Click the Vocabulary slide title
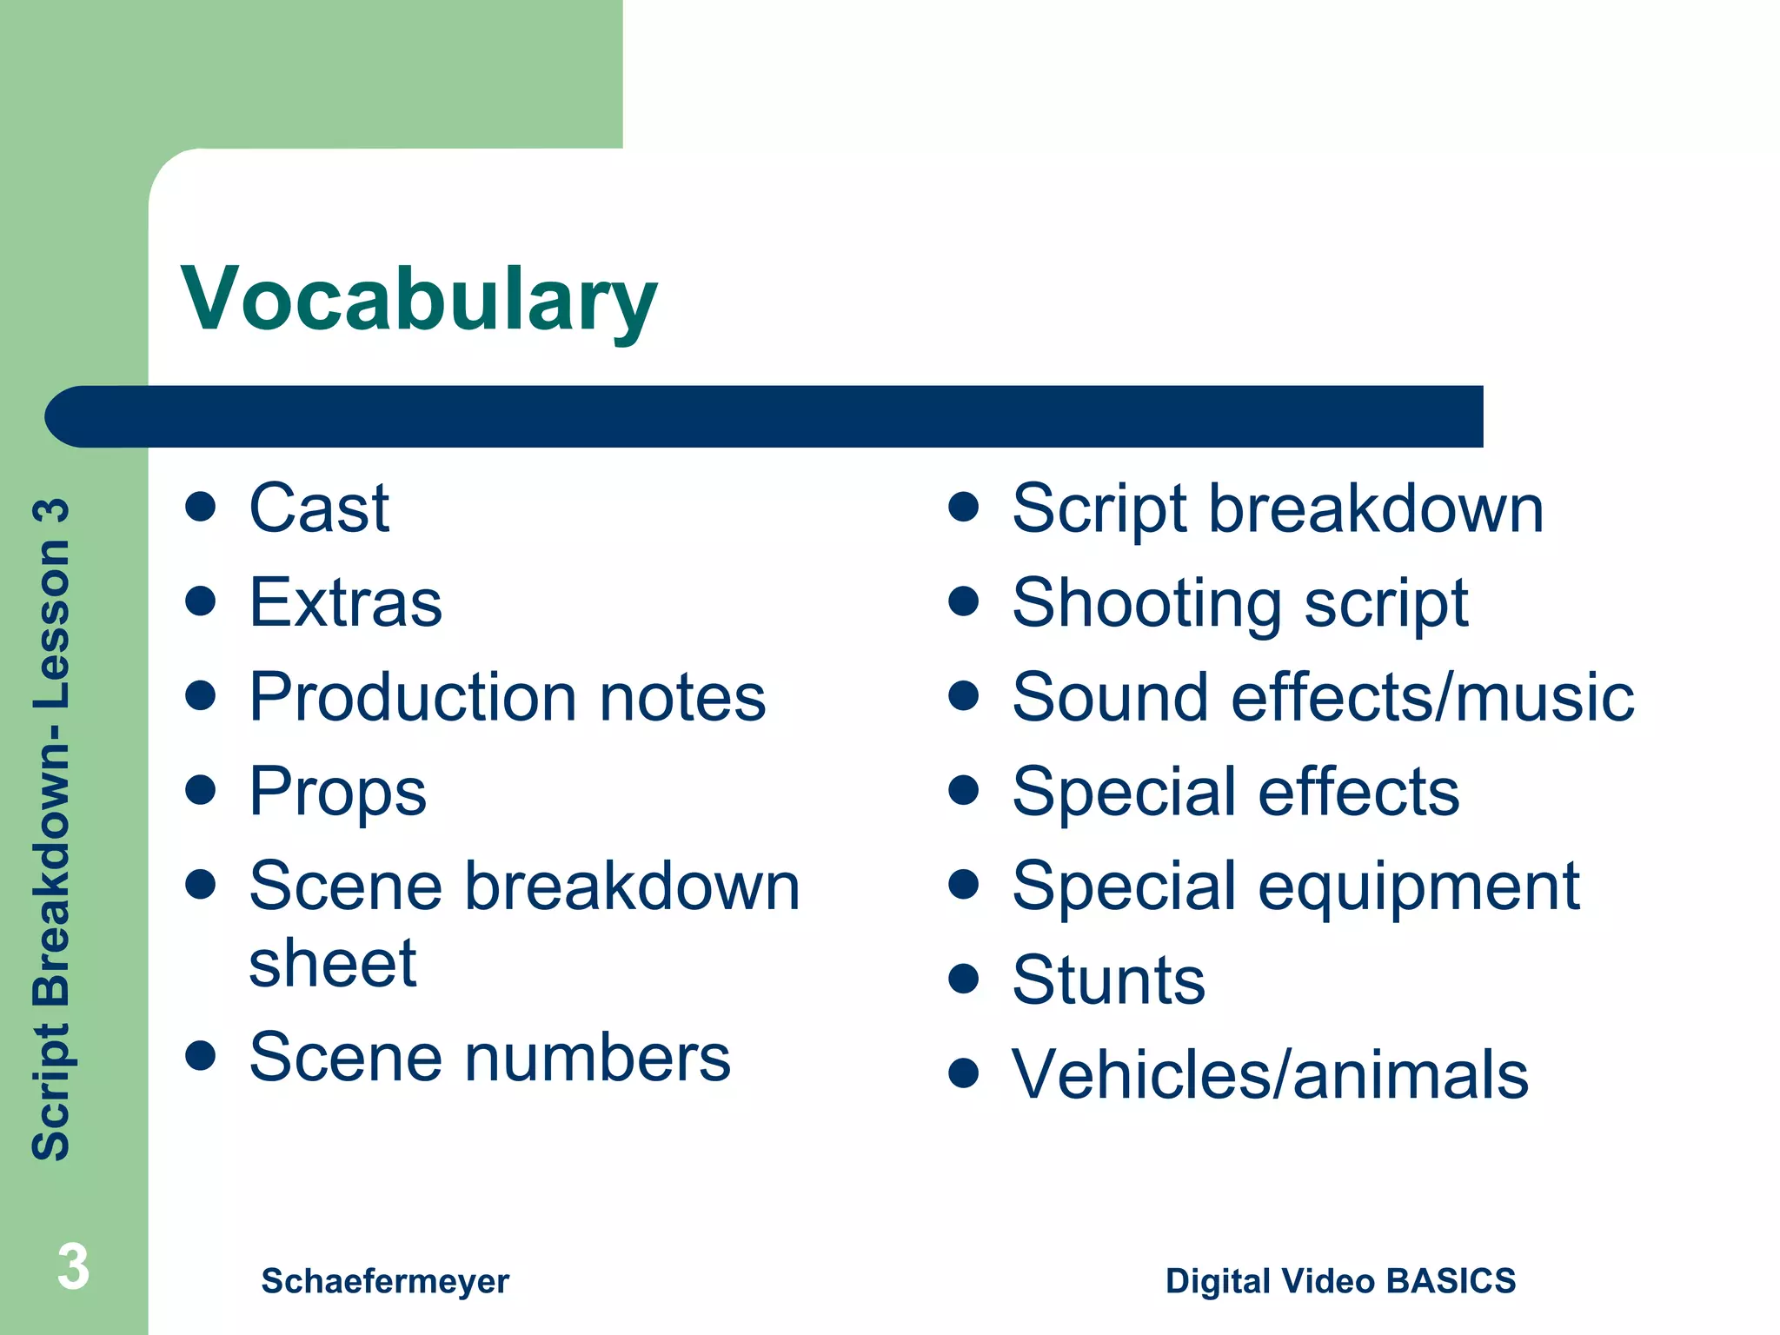(419, 300)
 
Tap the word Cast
(319, 508)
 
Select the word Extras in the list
(346, 602)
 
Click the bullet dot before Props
(201, 790)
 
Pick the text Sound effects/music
(1323, 697)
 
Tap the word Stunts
(1109, 980)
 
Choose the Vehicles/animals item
(1270, 1075)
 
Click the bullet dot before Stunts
(964, 979)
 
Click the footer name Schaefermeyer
(385, 1281)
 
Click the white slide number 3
(73, 1266)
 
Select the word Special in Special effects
(1125, 792)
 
